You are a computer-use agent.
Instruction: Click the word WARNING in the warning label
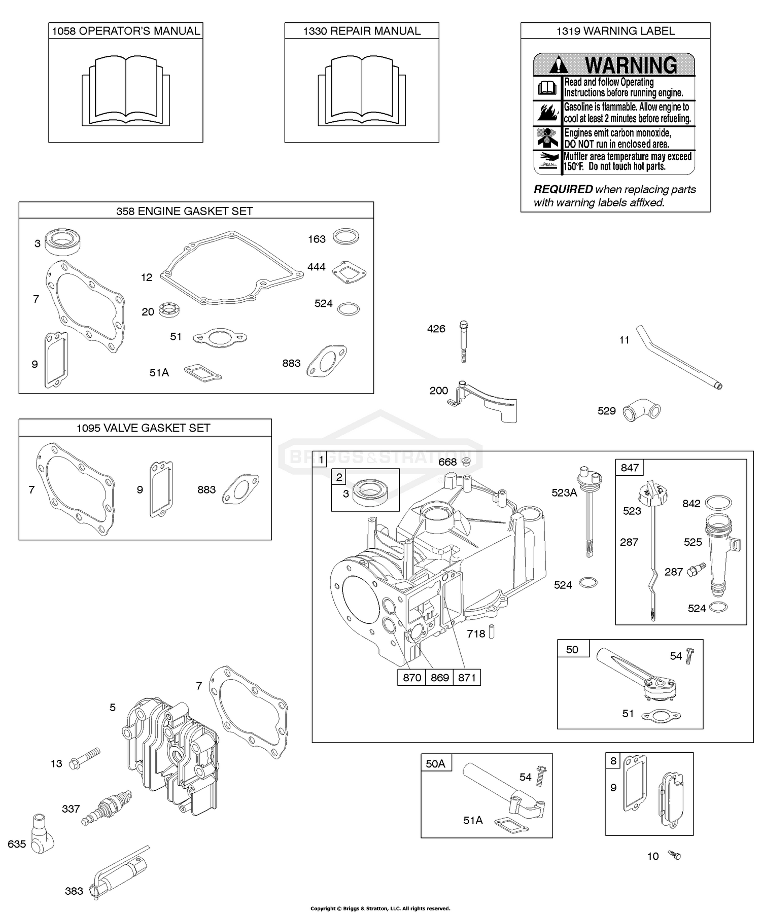coord(631,65)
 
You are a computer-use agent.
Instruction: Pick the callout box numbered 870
coord(411,678)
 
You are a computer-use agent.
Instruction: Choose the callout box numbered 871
coord(467,678)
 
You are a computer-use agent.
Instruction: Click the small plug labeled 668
coord(466,461)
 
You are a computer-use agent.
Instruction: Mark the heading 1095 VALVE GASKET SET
coord(144,428)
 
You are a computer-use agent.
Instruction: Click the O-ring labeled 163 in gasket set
coord(346,236)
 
